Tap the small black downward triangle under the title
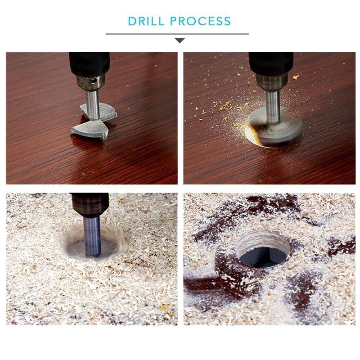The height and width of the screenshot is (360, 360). [180, 40]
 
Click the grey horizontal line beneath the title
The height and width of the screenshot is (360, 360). [135, 34]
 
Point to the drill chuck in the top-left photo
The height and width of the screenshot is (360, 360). [90, 82]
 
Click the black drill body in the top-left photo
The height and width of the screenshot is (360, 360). [89, 63]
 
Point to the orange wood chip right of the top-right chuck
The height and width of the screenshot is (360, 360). [295, 77]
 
